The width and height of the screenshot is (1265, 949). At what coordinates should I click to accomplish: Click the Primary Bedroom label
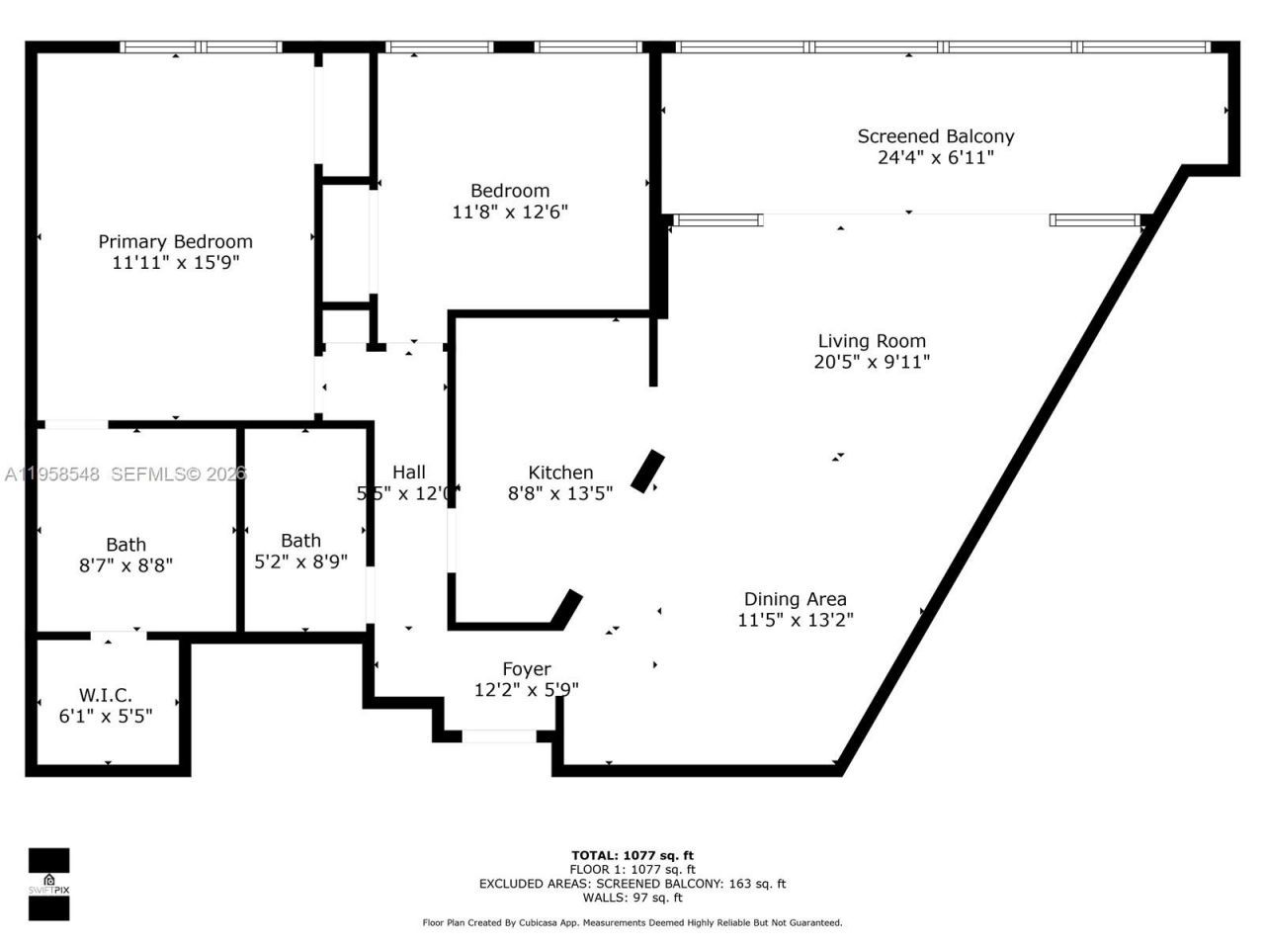click(x=175, y=241)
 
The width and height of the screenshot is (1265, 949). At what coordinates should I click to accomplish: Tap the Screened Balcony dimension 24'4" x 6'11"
click(x=935, y=157)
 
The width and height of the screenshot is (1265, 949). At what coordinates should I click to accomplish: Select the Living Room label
click(x=872, y=341)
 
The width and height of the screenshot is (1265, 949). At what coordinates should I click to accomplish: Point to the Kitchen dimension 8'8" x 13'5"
click(x=560, y=493)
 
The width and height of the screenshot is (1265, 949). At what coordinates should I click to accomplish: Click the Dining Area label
click(x=795, y=599)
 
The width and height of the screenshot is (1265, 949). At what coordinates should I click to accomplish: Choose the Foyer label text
click(x=526, y=669)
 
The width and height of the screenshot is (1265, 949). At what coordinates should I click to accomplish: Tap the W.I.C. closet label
click(x=106, y=695)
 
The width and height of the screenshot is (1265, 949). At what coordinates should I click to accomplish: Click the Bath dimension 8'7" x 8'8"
click(x=126, y=565)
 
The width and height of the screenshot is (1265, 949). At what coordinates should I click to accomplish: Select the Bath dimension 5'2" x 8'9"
click(x=300, y=561)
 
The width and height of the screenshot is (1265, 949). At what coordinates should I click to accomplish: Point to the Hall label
click(x=408, y=472)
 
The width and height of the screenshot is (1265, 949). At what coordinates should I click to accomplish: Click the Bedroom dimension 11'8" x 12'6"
click(x=510, y=212)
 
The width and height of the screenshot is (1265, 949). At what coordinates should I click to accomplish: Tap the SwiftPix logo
click(x=48, y=884)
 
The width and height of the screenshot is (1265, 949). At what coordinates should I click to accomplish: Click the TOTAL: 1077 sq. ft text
click(x=632, y=855)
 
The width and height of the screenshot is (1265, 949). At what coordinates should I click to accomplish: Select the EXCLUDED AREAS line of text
click(x=632, y=884)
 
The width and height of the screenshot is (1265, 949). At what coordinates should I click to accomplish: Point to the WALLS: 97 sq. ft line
click(x=632, y=898)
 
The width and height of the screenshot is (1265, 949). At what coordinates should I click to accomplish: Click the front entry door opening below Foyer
click(x=499, y=735)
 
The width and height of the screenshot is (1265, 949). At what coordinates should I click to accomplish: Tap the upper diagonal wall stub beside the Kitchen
click(x=648, y=471)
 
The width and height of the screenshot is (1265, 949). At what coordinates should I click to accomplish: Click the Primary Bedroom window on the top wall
click(x=202, y=46)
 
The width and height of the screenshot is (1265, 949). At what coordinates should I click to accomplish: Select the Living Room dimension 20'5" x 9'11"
click(x=872, y=362)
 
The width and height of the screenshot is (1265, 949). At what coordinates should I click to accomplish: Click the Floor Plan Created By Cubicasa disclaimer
click(x=632, y=922)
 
